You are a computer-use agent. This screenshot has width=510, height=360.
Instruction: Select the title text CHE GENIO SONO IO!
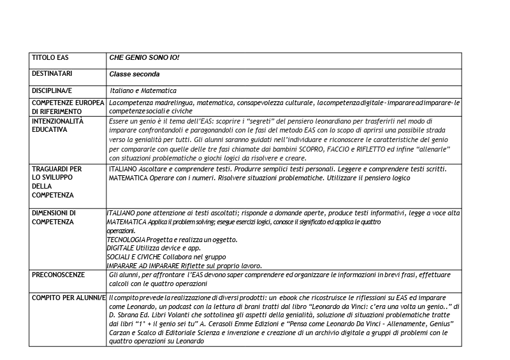(144, 58)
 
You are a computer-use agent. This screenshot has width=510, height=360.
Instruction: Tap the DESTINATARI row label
(52, 74)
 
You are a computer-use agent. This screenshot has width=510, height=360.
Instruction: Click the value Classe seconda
(134, 74)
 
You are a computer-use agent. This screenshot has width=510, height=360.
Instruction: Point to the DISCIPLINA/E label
(54, 90)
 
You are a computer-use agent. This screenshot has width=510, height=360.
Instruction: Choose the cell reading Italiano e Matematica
(143, 90)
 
